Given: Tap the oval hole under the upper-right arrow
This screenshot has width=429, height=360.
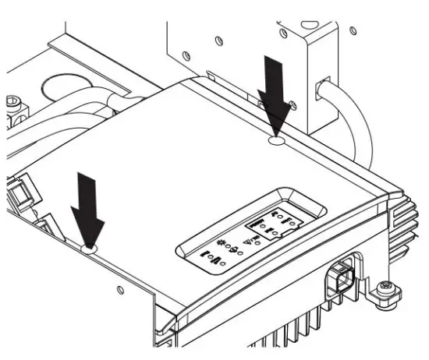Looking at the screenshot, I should coord(275,143).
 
